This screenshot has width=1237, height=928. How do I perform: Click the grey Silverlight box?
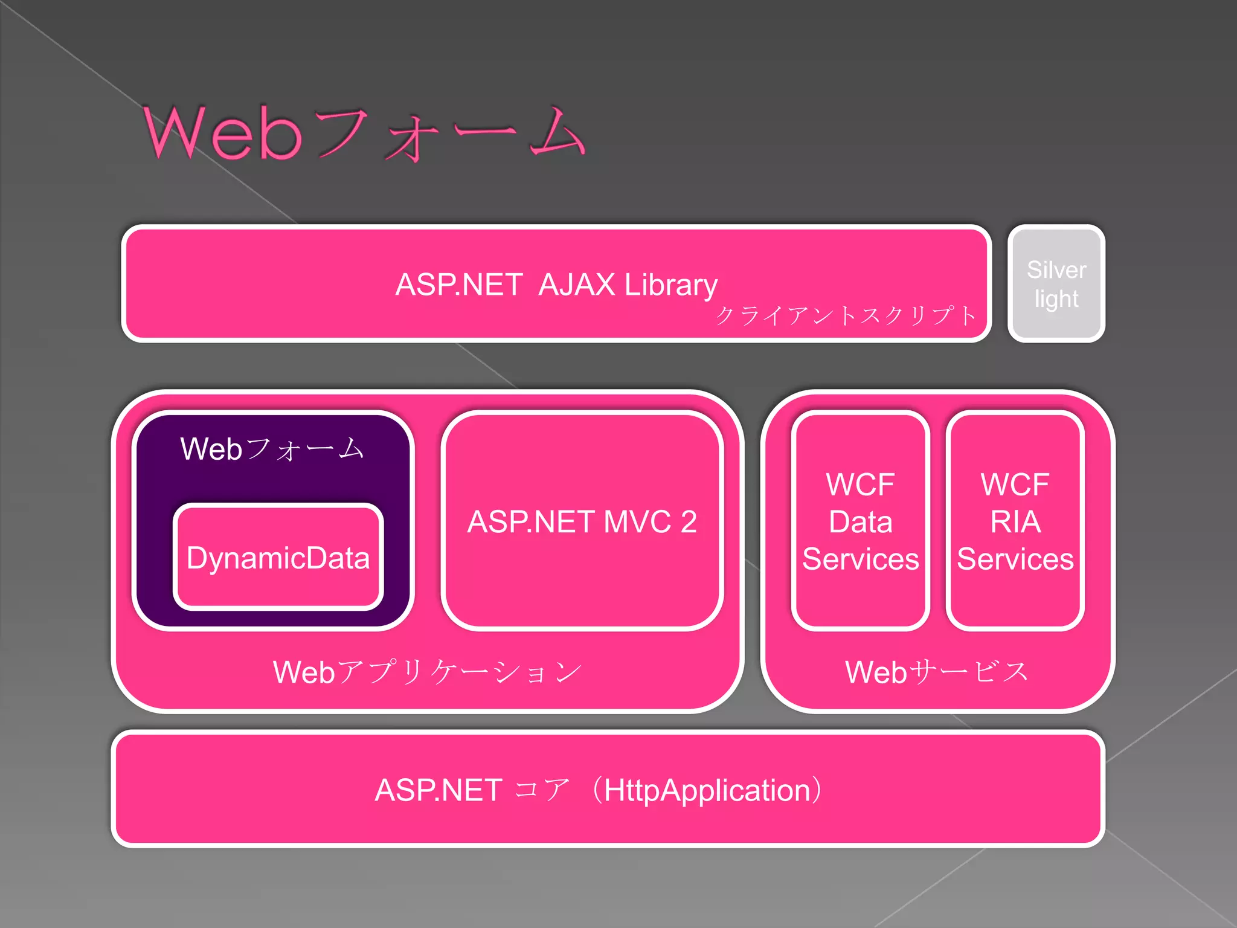[1056, 284]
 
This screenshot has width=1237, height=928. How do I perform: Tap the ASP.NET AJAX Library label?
[556, 285]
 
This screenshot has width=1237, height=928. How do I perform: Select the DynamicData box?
[278, 558]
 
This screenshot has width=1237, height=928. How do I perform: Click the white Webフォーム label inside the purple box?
[272, 449]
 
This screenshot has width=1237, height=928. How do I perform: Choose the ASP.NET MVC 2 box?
[582, 521]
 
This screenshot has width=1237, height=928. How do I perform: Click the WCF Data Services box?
[860, 521]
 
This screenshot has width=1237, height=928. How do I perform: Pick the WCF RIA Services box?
[1015, 521]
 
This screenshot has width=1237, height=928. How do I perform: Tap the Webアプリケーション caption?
[427, 672]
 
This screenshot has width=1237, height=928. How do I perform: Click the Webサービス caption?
[937, 672]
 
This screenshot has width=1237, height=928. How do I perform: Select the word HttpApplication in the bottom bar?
[707, 790]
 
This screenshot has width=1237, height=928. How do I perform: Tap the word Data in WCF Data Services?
[860, 521]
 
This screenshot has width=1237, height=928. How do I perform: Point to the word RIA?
[1015, 521]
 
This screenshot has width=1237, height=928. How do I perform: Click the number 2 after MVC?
[689, 521]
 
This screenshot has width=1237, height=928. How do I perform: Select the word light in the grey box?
[1056, 299]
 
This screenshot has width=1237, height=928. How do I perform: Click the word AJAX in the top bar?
[576, 285]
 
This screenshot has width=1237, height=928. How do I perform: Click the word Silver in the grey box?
[1056, 269]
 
